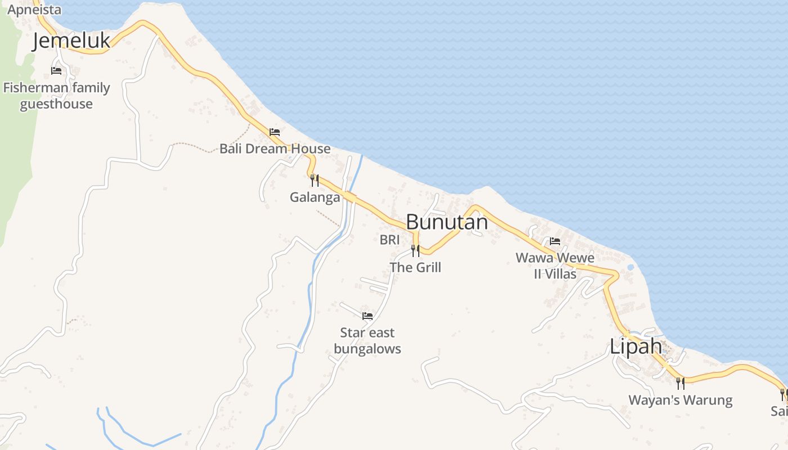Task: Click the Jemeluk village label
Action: (x=71, y=41)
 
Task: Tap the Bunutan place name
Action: (x=446, y=222)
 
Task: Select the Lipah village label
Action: (x=635, y=346)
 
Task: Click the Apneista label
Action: (x=34, y=10)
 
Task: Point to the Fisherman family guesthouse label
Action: (x=56, y=96)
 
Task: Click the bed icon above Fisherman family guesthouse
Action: (x=56, y=71)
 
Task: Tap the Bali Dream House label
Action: (x=275, y=148)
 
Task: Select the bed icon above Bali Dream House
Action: (x=275, y=132)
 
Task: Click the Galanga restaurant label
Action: (x=315, y=197)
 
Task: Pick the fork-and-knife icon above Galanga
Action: (x=315, y=181)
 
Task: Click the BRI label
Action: (x=389, y=240)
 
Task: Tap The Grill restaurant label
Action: (x=415, y=267)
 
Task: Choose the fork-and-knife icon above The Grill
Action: (x=415, y=251)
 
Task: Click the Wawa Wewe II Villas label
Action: (x=555, y=266)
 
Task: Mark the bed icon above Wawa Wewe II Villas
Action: (x=555, y=241)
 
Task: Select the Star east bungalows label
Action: (x=368, y=341)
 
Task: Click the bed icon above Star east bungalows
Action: (x=368, y=316)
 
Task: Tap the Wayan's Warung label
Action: (x=680, y=400)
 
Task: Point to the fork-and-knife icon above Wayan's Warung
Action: (x=680, y=384)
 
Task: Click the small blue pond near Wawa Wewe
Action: (x=630, y=267)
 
